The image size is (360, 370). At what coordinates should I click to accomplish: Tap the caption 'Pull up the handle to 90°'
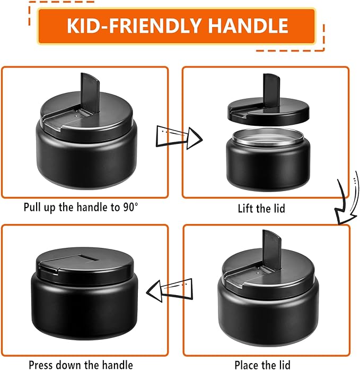pos(81,207)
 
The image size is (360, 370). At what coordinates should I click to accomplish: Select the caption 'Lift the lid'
pos(261,208)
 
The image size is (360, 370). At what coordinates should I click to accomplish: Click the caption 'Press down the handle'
pos(81,365)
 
